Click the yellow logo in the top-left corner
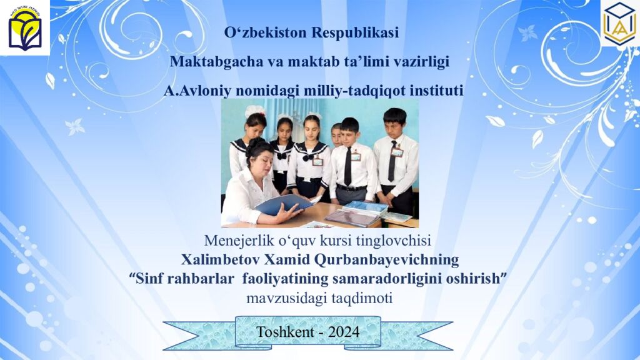[x=24, y=27]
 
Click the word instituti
[x=436, y=91]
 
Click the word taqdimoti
[x=362, y=298]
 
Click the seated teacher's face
[x=261, y=156]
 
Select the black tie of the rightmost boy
[x=392, y=161]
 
